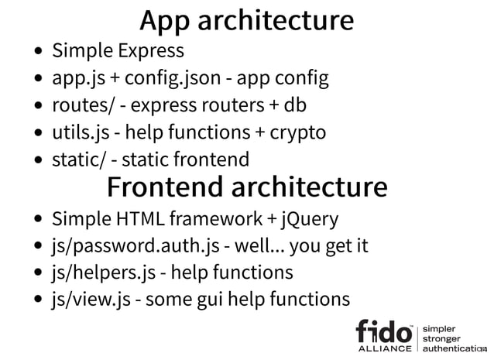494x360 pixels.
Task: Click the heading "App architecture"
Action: pos(246,20)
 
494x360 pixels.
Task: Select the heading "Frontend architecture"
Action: pos(246,187)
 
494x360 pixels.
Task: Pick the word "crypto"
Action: pos(297,132)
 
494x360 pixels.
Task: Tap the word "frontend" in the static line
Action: pos(211,159)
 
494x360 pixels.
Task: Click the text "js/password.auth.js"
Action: pos(135,246)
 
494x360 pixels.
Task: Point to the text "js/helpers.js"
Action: pos(102,273)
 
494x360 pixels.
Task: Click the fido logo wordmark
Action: pos(384,331)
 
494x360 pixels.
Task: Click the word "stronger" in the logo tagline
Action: pos(444,338)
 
